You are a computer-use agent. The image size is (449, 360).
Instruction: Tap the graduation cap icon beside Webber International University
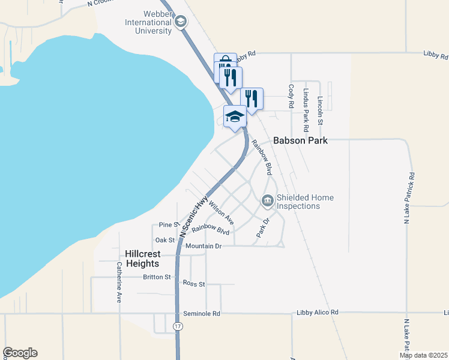[x=179, y=22]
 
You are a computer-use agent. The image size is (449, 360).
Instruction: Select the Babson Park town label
[x=300, y=141]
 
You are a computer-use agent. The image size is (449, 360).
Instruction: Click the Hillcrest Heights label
[x=142, y=259]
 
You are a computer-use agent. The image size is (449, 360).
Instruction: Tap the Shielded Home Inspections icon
[x=267, y=201]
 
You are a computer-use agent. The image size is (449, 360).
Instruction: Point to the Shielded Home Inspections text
[x=305, y=202]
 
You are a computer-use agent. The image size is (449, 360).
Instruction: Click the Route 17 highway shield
[x=178, y=326]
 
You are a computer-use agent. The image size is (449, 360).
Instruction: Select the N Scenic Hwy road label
[x=193, y=217]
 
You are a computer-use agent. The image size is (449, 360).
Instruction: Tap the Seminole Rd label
[x=202, y=314]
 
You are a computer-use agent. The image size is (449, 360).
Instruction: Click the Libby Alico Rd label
[x=318, y=313]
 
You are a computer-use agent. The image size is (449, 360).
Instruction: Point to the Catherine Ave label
[x=119, y=281]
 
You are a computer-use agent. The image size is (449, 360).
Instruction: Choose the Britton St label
[x=157, y=277]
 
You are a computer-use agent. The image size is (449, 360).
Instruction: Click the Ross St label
[x=194, y=283]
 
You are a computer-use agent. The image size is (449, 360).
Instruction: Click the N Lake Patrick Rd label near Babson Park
[x=412, y=198]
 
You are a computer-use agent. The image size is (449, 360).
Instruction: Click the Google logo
[x=20, y=353]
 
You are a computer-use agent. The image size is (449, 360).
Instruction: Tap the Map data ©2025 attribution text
[x=423, y=355]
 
